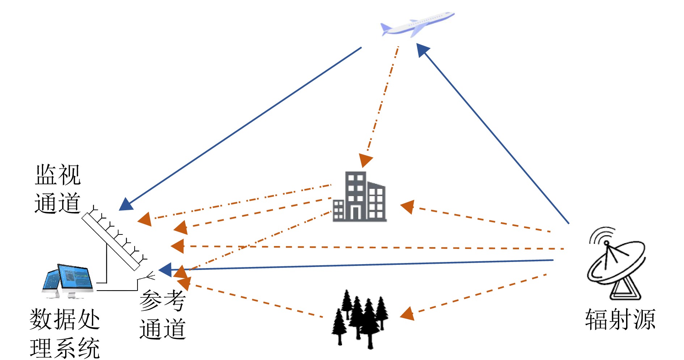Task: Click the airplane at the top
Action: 416,25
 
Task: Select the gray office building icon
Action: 359,197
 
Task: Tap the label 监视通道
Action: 58,189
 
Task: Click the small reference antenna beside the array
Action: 148,277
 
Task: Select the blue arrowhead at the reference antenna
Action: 165,270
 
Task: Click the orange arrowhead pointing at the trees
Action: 408,313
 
